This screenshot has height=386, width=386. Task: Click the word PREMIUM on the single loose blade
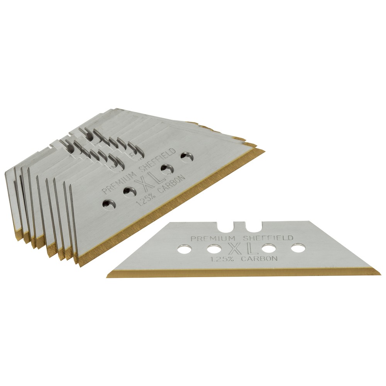[x=213, y=238]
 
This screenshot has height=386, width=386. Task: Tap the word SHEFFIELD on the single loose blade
[x=268, y=237]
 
